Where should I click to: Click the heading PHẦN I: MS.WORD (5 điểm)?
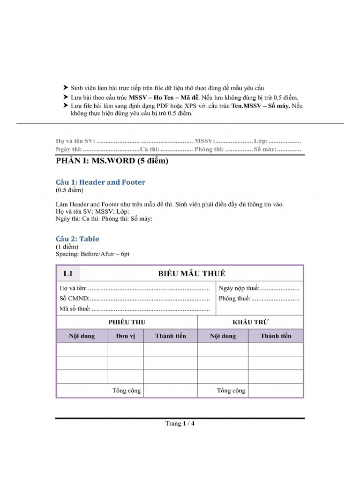(112, 161)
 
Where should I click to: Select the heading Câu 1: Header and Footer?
(100, 182)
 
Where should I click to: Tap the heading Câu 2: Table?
(77, 239)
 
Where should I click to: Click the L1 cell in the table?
(68, 274)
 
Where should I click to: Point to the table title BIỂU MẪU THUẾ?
(191, 274)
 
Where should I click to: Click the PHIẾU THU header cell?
(127, 322)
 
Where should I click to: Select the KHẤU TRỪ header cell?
(250, 322)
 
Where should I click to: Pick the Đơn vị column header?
(125, 336)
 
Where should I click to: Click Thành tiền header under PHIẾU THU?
(170, 336)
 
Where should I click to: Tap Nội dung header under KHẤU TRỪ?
(223, 336)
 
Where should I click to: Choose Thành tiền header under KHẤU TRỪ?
(276, 336)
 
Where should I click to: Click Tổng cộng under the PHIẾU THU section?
(126, 391)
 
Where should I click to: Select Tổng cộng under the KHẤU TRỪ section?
(231, 391)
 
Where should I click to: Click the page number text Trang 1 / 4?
(180, 424)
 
